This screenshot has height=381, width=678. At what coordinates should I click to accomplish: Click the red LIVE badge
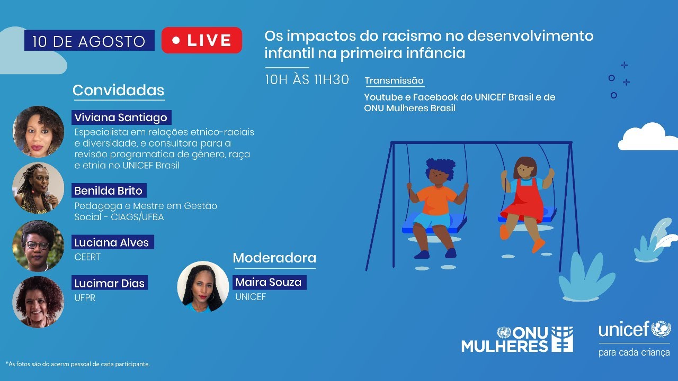coord(202,40)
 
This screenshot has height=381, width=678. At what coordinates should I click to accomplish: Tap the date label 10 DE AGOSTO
coord(89,41)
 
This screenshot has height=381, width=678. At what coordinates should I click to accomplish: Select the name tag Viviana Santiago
coord(121,117)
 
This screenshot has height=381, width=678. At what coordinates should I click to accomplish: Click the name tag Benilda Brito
coord(109,190)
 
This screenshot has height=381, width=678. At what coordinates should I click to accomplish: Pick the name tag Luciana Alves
coord(111,243)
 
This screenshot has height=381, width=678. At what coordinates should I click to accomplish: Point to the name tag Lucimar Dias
coord(110,283)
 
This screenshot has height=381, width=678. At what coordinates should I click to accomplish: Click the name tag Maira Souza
coord(269,282)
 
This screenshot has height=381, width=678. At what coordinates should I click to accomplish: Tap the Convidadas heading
coord(118,90)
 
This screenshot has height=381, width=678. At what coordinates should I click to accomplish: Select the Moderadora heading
coord(274,258)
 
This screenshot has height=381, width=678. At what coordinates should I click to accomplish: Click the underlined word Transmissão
coord(394,81)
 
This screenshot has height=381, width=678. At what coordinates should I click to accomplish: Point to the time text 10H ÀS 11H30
coord(307,80)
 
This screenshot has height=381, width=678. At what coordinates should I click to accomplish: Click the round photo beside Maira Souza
coord(203,286)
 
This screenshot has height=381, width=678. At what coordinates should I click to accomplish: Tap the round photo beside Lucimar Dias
coord(38,302)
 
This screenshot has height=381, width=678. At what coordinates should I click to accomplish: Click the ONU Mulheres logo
coord(516,339)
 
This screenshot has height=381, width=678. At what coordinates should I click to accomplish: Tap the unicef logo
coord(634,337)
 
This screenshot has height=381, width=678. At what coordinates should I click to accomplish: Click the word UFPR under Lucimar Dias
coord(85,298)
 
